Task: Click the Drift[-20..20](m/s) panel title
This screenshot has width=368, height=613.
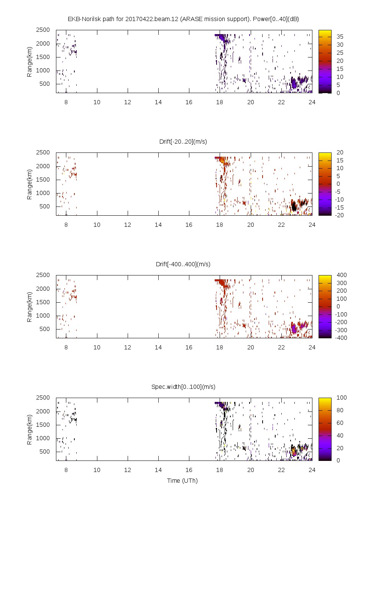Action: tap(183, 141)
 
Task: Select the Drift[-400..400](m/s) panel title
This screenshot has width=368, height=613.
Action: tap(183, 264)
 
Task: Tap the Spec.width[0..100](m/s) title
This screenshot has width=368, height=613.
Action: tap(183, 387)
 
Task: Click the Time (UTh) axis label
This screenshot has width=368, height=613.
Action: tap(182, 480)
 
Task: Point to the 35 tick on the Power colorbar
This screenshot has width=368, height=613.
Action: tap(340, 37)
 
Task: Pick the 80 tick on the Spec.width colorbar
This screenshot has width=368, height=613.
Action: tap(340, 410)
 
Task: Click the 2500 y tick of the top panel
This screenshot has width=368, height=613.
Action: tap(43, 30)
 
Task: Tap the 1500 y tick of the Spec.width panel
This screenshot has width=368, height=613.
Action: tap(43, 425)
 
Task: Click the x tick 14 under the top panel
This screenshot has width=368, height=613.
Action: tap(158, 102)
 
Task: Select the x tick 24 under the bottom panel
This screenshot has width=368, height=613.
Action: tap(312, 470)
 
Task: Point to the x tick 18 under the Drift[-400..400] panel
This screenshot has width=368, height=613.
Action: tap(220, 347)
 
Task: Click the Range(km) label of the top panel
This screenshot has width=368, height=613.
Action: tap(29, 62)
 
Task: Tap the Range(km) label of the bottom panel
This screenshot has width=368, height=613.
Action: tap(29, 429)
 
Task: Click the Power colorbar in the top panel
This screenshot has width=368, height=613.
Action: tap(325, 61)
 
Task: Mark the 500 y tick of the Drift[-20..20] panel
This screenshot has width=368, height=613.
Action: tap(44, 206)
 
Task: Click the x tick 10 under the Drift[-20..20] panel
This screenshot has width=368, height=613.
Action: tap(97, 225)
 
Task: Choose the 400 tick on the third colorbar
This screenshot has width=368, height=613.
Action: tap(342, 275)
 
